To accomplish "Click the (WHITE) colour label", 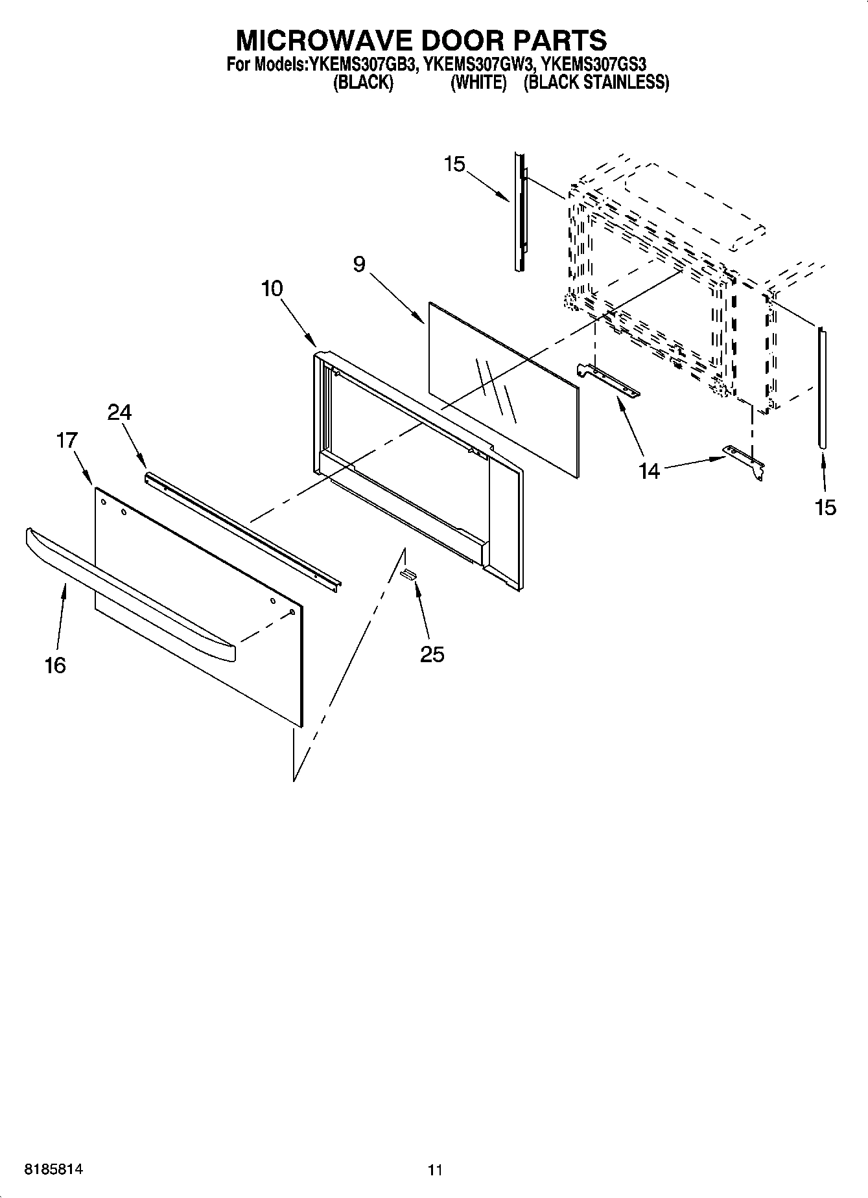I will [478, 82].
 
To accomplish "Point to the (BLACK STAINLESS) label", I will [596, 82].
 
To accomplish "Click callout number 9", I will [359, 264].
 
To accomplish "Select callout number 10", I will [272, 288].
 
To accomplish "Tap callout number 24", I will [119, 412].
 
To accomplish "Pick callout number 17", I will [67, 441].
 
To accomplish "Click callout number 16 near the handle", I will [55, 665].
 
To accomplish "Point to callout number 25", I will [432, 654].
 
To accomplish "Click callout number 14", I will [649, 471].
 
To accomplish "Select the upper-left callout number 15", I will [454, 164].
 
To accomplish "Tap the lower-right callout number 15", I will [825, 507].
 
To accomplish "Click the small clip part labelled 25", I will [408, 573].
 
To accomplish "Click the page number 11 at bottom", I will [435, 1170].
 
